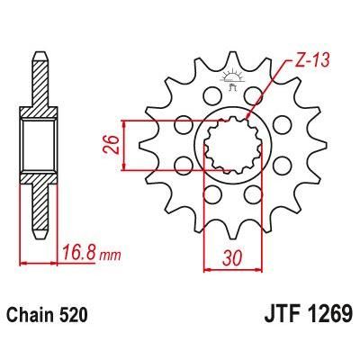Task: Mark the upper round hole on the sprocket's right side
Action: [282, 123]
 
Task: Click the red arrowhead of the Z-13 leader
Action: [250, 115]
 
